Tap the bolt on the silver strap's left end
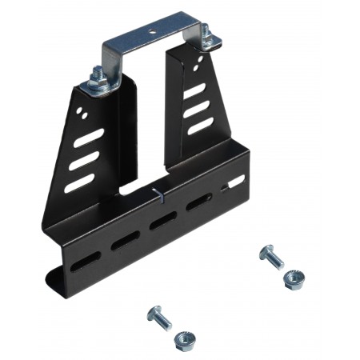coord(100,78)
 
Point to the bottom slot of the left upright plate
coord(79,183)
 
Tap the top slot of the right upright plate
coord(195,94)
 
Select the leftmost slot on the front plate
coord(86,260)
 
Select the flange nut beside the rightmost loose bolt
coord(294,279)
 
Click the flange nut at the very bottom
coord(183,340)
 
